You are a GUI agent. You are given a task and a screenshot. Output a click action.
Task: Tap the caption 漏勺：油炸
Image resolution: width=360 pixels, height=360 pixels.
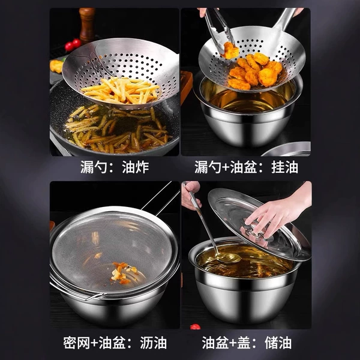click(115, 167)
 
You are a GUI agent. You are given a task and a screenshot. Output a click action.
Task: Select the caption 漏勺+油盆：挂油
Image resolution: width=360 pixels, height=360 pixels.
click(246, 167)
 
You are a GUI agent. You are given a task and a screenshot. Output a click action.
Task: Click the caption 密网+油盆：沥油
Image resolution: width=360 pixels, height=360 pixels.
click(115, 343)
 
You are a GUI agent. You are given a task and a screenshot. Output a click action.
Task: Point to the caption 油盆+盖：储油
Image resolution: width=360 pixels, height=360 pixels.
click(247, 343)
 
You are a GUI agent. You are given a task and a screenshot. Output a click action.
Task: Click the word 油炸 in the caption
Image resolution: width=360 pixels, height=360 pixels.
click(136, 167)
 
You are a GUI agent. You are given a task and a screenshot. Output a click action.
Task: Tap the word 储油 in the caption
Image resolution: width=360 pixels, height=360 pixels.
click(278, 343)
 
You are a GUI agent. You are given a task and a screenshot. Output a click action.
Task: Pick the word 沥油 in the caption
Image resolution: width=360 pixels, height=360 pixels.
click(154, 343)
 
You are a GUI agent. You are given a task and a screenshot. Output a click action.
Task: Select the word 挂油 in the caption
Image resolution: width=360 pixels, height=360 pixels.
click(284, 167)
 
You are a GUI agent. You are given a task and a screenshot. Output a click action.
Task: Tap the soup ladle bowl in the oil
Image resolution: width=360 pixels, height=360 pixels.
click(228, 257)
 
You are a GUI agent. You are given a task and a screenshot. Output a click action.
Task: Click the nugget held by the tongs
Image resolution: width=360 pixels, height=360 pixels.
click(230, 50)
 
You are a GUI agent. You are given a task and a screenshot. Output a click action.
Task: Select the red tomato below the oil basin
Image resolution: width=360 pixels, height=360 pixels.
click(195, 326)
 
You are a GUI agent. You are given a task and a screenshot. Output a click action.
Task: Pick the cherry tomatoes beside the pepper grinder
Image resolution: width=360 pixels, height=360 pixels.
click(73, 45)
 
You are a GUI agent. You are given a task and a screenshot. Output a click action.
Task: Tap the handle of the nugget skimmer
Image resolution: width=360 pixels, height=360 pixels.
click(286, 19)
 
